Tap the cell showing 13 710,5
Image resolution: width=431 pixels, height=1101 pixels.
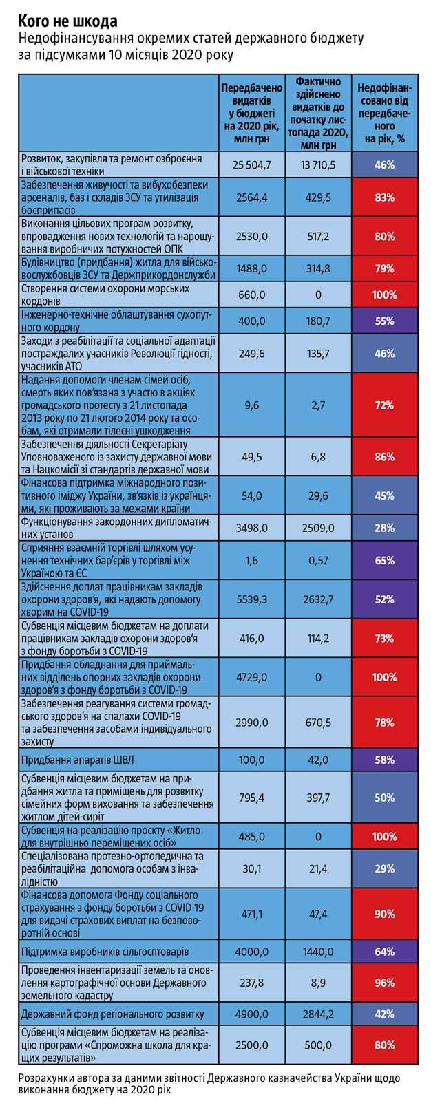[x=318, y=164]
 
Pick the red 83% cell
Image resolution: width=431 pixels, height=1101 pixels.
[x=384, y=197]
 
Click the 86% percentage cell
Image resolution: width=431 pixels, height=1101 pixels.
[x=384, y=456]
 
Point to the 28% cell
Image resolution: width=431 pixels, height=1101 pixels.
[x=384, y=528]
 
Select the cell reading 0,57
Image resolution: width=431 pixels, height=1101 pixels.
[x=318, y=561]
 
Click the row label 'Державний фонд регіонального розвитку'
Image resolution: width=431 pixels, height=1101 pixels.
[x=113, y=1014]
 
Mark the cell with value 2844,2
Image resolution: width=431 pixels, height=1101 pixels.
[x=318, y=1014]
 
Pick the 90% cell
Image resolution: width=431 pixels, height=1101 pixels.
[x=384, y=914]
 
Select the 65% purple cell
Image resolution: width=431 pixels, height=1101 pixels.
[x=384, y=561]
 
